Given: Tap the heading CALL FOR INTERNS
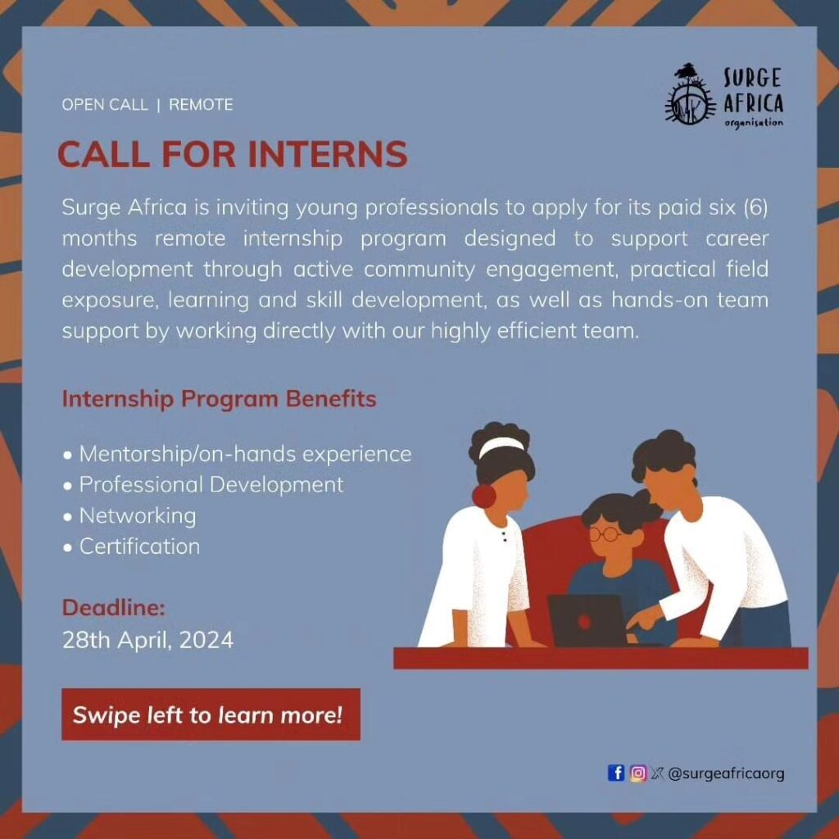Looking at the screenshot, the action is pyautogui.click(x=232, y=155).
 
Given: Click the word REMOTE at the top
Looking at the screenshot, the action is pyautogui.click(x=202, y=104).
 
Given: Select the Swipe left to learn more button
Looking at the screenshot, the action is pyautogui.click(x=211, y=714).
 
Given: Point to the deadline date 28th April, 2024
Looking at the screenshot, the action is pyautogui.click(x=147, y=640).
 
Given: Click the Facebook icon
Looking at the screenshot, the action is pyautogui.click(x=616, y=773).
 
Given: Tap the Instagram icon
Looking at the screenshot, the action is pyautogui.click(x=637, y=773).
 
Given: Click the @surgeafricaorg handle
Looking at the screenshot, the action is pyautogui.click(x=726, y=773).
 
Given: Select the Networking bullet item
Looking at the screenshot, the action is pyautogui.click(x=129, y=516).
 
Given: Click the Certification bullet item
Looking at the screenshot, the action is pyautogui.click(x=132, y=546).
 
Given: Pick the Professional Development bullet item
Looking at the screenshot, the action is pyautogui.click(x=203, y=485).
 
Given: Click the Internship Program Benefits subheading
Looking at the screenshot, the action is pyautogui.click(x=220, y=399).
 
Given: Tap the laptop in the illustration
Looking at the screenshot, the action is pyautogui.click(x=587, y=621).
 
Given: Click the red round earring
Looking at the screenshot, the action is pyautogui.click(x=484, y=496).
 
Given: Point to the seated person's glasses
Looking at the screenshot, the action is pyautogui.click(x=605, y=534).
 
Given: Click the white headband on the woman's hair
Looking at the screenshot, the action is pyautogui.click(x=501, y=447).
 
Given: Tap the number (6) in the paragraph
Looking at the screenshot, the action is pyautogui.click(x=756, y=207).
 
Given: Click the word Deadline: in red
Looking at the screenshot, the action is pyautogui.click(x=113, y=608).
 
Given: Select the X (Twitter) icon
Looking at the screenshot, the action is pyautogui.click(x=656, y=773).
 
